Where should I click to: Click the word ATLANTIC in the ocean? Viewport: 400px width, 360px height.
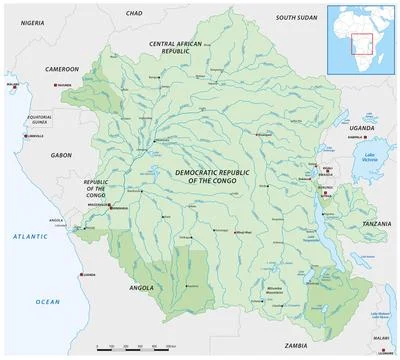(x=22, y=234)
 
